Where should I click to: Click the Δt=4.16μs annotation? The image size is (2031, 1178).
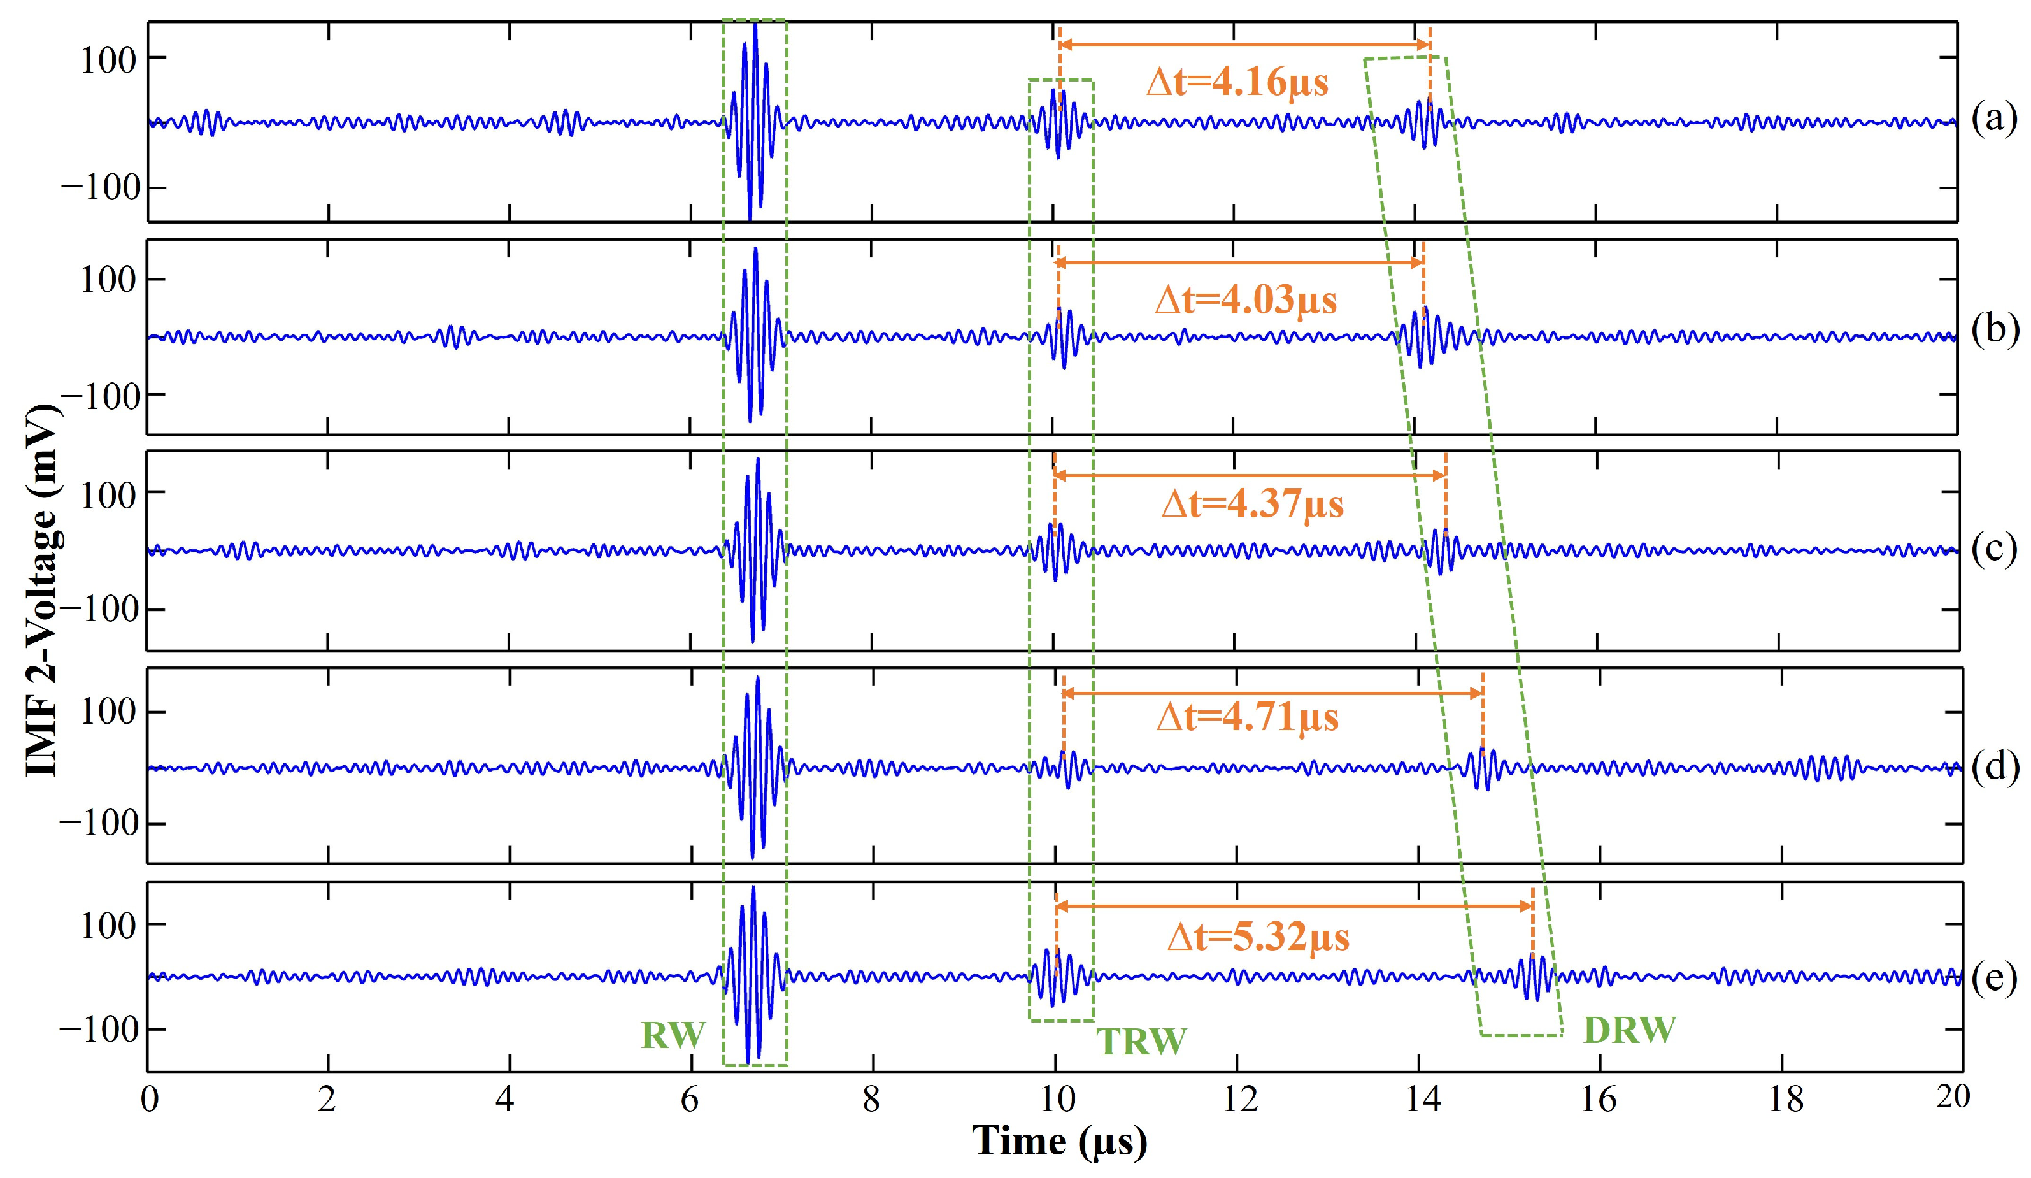[x=1237, y=82]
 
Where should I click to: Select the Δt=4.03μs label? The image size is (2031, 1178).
[x=1245, y=300]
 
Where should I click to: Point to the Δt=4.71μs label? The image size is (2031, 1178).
[x=1247, y=717]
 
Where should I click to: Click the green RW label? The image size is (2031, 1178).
[x=673, y=1035]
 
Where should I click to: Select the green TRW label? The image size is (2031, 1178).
[x=1141, y=1042]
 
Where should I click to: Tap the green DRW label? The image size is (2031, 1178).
[x=1629, y=1030]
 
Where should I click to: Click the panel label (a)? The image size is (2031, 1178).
[x=1993, y=119]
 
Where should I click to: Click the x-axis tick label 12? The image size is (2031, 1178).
[x=1239, y=1099]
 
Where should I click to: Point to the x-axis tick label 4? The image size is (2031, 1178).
[x=504, y=1099]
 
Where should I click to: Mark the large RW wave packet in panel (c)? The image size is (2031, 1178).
[x=754, y=550]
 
